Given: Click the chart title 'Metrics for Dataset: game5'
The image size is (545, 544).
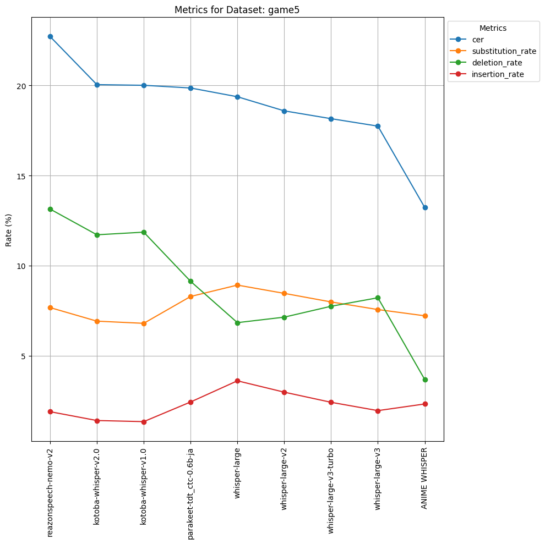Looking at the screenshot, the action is pos(237,10).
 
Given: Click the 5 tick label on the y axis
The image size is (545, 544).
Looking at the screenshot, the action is pos(24,356).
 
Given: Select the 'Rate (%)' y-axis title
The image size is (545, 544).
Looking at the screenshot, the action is pos(9,230).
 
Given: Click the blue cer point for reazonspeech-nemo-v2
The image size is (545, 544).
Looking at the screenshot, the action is pos(51,36).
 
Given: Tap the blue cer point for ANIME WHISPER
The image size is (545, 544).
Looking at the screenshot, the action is pos(425,207).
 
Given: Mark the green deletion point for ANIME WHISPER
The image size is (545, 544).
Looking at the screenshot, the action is pos(425,380).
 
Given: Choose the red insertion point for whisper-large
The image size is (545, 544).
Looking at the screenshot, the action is pos(237,381).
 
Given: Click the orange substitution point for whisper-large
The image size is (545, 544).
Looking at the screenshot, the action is pos(237,285).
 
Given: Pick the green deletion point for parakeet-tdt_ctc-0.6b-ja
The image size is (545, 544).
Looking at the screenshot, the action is pos(190,281).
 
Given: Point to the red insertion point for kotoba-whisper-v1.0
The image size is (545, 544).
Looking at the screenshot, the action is pos(144,422).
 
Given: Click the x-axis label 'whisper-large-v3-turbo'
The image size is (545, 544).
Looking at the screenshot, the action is pos(330,491).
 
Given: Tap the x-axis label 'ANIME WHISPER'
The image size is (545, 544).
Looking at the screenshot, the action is pos(424,479).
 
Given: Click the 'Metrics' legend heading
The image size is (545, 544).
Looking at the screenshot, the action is pos(493,28).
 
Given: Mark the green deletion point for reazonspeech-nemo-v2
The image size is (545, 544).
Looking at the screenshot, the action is pos(51,209).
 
